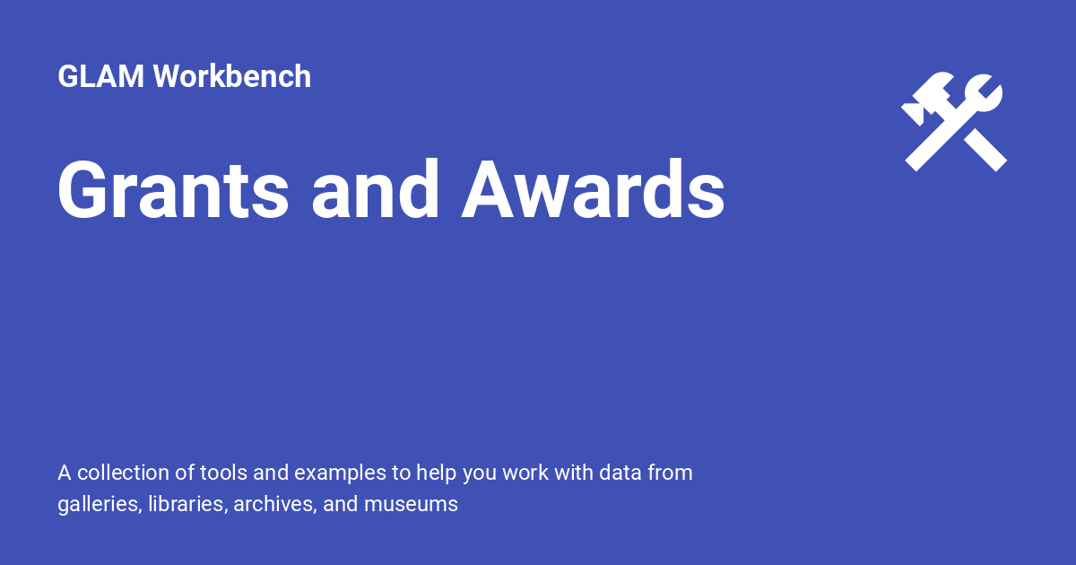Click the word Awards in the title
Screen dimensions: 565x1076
tap(593, 190)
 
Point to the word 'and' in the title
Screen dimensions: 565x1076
tap(376, 190)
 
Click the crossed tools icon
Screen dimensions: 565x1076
tap(953, 123)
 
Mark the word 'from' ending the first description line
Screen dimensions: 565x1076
tap(670, 473)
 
